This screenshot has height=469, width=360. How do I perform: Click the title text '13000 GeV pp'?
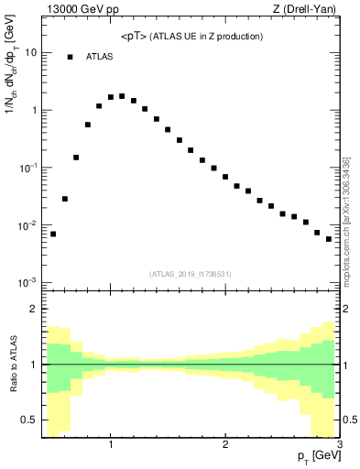point(75,10)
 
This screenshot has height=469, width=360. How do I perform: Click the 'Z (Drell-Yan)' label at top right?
point(308,10)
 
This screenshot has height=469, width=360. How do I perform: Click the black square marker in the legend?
point(70,57)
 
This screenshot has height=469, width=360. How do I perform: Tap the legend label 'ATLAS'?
point(100,57)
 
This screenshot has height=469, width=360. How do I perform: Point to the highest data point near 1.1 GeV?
point(122,95)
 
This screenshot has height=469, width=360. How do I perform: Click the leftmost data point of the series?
point(53,234)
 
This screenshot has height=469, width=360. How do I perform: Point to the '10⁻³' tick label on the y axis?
point(27,282)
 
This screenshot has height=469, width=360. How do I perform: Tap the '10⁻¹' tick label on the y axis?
point(27,168)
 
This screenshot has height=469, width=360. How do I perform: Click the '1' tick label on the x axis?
point(111,444)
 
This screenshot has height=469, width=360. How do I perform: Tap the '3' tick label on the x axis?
point(339,444)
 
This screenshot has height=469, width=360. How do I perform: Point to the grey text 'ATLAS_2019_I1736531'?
point(191,274)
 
